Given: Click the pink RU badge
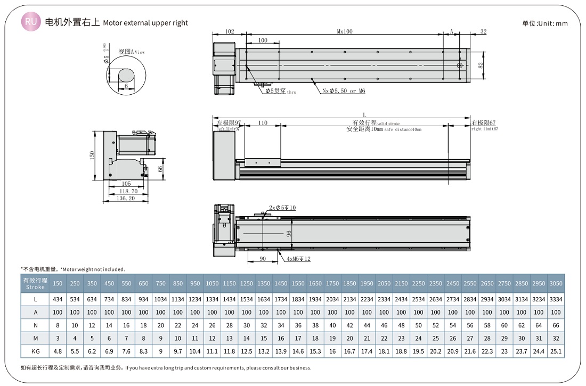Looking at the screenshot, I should coord(31,22).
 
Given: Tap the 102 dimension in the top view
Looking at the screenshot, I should coord(229,31).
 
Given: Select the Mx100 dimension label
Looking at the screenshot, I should coord(345,31).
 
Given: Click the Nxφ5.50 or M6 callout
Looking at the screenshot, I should coord(344,91).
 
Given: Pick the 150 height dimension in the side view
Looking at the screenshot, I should coord(92,155).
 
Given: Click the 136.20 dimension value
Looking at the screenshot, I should coord(126,198).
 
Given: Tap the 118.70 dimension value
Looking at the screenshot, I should coord(128,191).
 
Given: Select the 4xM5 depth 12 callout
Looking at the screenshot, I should coord(298,259).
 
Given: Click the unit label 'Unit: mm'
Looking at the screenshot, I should coord(545,23).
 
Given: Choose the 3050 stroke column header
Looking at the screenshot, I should coord(556,283).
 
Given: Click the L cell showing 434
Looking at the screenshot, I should coord(58,299).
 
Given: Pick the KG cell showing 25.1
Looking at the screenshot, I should coord(556,351).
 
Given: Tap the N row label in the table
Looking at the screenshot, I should coord(35,325).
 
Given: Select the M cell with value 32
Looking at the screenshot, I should coord(556,339).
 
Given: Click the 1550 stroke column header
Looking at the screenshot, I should coord(298,283).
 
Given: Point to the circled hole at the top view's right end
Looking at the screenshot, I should coord(460,65).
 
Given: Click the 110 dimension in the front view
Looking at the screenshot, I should coord(263,123).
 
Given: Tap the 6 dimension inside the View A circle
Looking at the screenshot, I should coord(126,85).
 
